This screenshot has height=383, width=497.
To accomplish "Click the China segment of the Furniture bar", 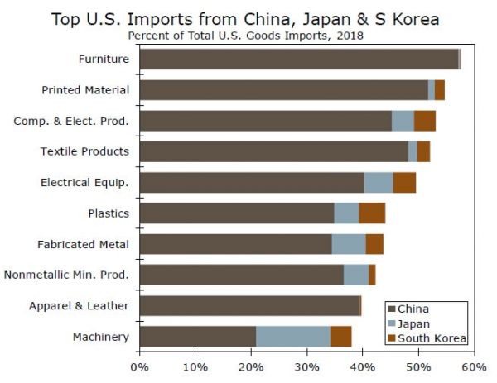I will [298, 59].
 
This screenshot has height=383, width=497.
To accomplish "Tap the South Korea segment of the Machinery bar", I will [340, 336].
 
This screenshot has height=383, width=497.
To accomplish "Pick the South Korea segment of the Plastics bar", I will [372, 213].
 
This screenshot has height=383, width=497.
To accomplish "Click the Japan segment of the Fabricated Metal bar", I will [348, 243].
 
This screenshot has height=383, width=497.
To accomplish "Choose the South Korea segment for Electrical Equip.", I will [404, 182].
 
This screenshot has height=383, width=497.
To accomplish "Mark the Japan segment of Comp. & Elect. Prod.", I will [403, 121].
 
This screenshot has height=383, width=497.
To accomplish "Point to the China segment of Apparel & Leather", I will [248, 305].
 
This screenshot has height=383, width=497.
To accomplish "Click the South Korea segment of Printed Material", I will [440, 89].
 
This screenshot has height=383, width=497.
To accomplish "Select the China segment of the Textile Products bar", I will [273, 151].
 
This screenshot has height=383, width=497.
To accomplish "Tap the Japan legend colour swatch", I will [392, 323].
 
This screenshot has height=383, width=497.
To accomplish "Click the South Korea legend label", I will [432, 338].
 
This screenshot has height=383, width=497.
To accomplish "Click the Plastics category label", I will [109, 213].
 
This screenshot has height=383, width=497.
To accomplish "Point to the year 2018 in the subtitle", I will [349, 36].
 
